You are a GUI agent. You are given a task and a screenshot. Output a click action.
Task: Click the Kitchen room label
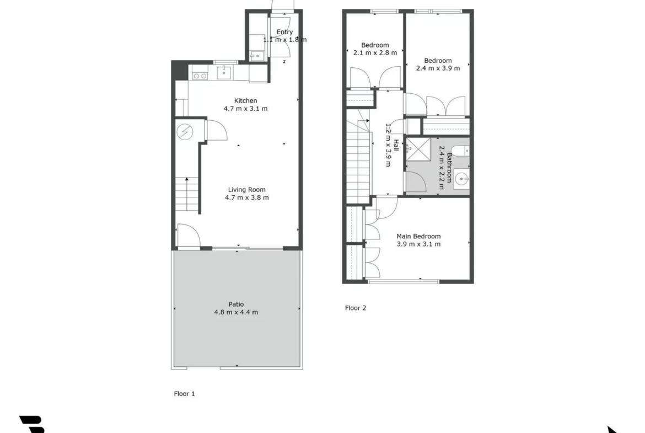pyautogui.click(x=245, y=101)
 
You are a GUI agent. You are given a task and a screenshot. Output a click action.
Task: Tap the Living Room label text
pyautogui.click(x=247, y=190)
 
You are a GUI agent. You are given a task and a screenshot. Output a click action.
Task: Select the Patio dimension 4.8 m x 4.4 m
pyautogui.click(x=236, y=312)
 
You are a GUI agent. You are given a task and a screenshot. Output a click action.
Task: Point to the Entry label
pyautogui.click(x=284, y=32)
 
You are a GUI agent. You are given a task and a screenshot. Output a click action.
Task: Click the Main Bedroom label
pyautogui.click(x=418, y=236)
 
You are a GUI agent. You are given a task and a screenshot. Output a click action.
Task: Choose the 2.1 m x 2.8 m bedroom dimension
pyautogui.click(x=375, y=53)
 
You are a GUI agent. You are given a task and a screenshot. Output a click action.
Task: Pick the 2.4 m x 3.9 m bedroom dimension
pyautogui.click(x=438, y=68)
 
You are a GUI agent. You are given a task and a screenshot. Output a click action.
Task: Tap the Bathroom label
pyautogui.click(x=449, y=168)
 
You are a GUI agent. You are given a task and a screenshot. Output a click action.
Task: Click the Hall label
pyautogui.click(x=396, y=145)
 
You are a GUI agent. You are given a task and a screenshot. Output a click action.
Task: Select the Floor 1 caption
pyautogui.click(x=184, y=394)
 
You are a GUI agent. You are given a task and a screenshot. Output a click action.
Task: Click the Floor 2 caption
pyautogui.click(x=356, y=308)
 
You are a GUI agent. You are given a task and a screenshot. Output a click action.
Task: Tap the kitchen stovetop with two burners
pyautogui.click(x=200, y=76)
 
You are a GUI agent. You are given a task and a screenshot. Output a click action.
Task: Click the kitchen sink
pyautogui.click(x=224, y=72)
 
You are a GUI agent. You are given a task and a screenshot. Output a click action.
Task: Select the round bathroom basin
pyautogui.click(x=461, y=179)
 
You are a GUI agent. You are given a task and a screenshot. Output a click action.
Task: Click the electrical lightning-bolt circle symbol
pyautogui.click(x=185, y=132)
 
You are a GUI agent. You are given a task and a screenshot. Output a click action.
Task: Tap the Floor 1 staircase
pyautogui.click(x=187, y=195)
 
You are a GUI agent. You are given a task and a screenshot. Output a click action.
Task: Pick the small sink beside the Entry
pyautogui.click(x=256, y=56)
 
